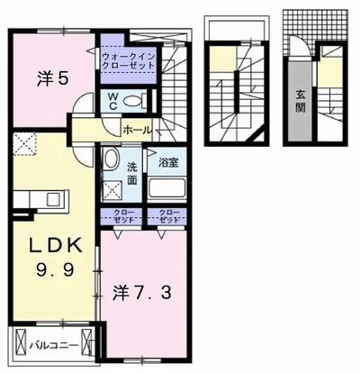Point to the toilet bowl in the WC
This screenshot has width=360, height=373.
pos(136,100)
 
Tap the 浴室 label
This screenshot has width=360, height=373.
pos(168,163)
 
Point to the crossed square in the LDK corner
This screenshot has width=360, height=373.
pos(23,141)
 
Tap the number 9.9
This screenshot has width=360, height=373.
pos(51,269)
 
